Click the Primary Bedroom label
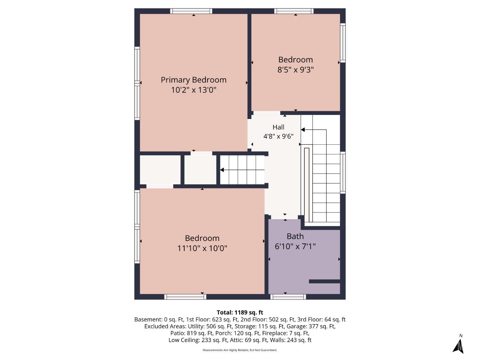pos(194,80)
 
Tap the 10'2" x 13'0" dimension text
pos(194,90)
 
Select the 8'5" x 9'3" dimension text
pos(295,70)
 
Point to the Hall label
pos(278,127)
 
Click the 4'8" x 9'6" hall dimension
pos(278,136)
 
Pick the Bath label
pos(295,236)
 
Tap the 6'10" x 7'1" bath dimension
pos(295,246)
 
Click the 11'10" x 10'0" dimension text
pos(202,248)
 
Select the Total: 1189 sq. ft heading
pos(240,312)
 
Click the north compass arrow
pos(458,346)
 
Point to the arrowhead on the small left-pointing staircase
pos(222,170)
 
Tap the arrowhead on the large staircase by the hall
pos(303,130)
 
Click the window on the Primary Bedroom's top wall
pos(191,11)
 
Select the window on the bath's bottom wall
pos(288,297)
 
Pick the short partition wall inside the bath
pos(324,281)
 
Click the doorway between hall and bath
pos(284,217)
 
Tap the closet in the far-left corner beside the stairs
pos(160,170)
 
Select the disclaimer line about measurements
pos(240,350)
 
